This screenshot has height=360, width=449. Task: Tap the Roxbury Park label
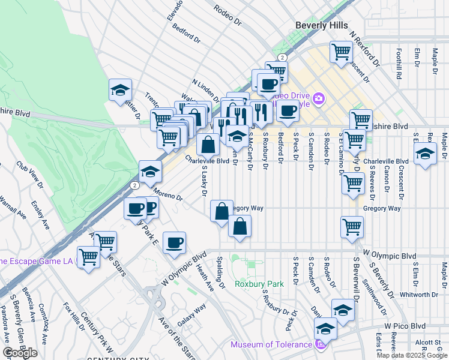[259, 284]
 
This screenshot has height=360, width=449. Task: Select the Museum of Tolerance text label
[272, 344]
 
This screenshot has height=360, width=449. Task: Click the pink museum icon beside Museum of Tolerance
[320, 344]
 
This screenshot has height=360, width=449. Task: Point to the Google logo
[20, 352]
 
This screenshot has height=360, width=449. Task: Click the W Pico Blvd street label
[405, 326]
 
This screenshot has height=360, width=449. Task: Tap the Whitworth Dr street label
[419, 295]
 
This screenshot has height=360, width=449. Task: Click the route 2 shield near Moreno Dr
[134, 185]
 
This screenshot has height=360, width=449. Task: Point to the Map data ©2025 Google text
[411, 355]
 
